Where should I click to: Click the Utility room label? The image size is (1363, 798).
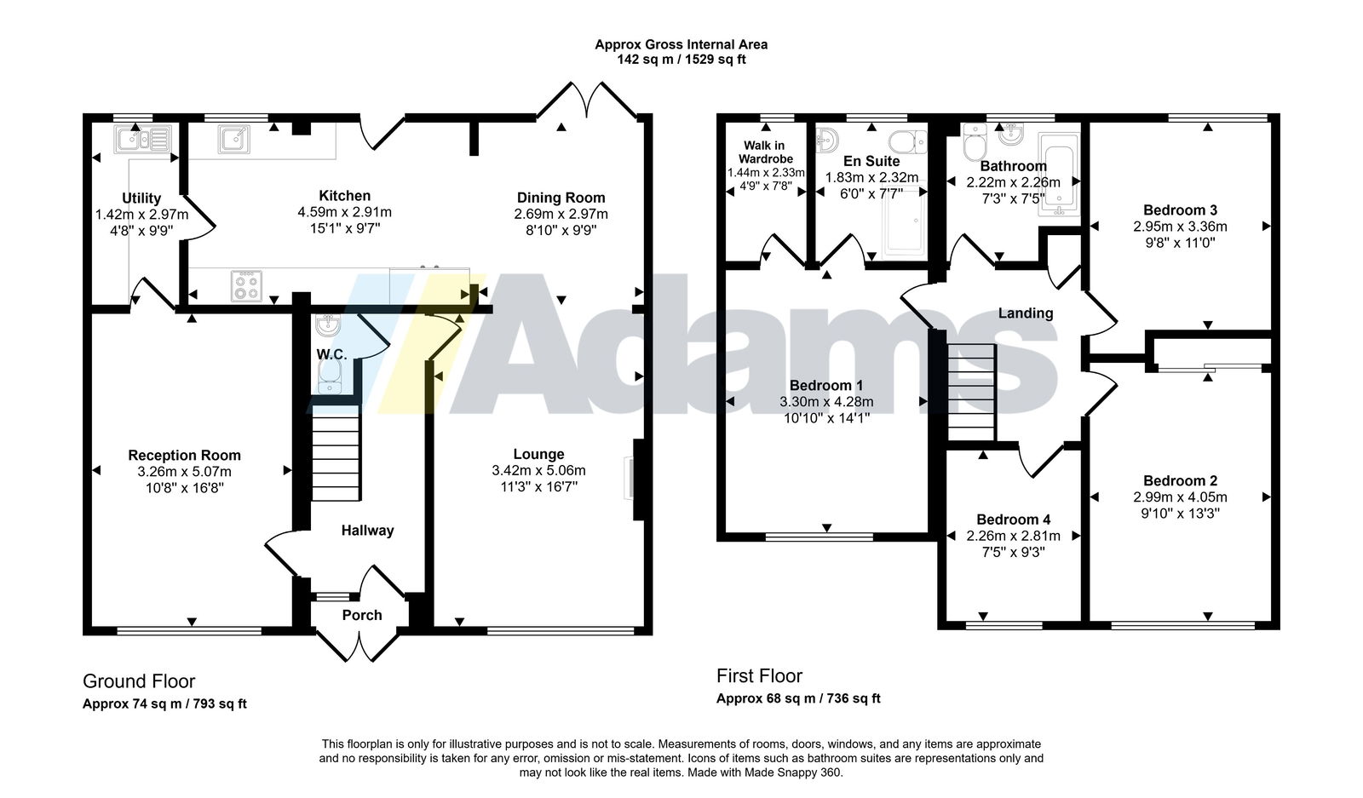click(141, 198)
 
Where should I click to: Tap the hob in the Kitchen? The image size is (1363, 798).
click(246, 286)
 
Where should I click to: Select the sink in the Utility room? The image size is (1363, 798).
click(142, 140)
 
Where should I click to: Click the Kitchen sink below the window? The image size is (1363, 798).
click(233, 140)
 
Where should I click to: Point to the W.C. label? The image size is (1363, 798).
click(331, 354)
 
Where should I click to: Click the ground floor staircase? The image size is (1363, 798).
click(336, 457)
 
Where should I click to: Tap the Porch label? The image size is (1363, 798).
click(362, 615)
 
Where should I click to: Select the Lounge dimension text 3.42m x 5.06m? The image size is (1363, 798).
click(538, 470)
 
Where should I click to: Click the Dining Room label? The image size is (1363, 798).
click(561, 198)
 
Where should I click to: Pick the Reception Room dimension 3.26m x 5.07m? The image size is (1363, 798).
click(184, 471)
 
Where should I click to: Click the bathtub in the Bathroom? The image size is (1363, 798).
click(1060, 174)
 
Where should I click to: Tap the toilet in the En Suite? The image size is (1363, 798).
click(907, 142)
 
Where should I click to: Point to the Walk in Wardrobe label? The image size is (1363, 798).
click(765, 152)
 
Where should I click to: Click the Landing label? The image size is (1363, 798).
click(1026, 313)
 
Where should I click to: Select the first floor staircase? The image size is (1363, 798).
click(972, 392)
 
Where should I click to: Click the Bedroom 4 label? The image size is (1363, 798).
click(1013, 520)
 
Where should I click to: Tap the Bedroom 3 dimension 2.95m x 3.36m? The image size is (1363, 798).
click(1180, 227)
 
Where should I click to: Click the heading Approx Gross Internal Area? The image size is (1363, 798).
click(681, 44)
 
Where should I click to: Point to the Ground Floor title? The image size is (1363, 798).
click(139, 680)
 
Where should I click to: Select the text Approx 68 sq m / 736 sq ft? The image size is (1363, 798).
click(797, 698)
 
